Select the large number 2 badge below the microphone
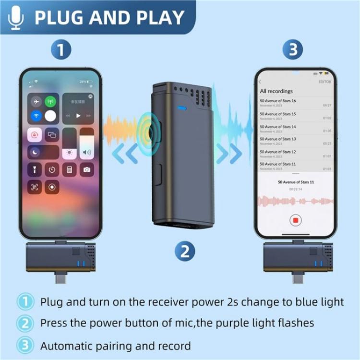(184, 250)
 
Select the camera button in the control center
(87, 169)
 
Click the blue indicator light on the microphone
(182, 108)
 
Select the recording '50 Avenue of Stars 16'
(278, 101)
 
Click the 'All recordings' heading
(276, 91)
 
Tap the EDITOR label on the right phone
(324, 82)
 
